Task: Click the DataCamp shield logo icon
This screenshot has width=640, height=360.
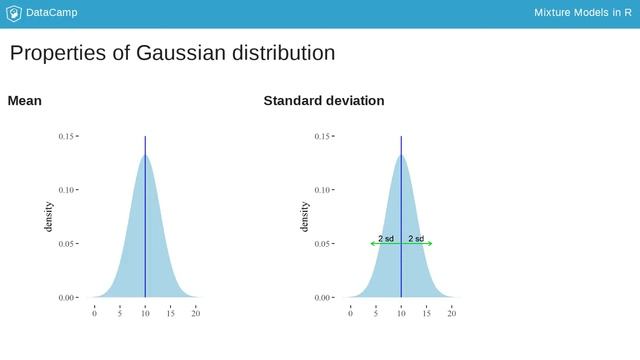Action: (13, 13)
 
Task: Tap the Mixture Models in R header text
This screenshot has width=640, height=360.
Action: (575, 13)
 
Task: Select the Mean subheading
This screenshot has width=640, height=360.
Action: (24, 101)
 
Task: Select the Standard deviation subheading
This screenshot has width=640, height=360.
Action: (323, 101)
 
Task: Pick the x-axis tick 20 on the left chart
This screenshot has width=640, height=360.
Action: (196, 314)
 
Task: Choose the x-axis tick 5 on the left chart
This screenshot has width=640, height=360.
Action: (120, 314)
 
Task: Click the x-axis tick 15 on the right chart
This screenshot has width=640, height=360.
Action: (426, 314)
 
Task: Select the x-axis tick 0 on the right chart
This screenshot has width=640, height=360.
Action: (350, 314)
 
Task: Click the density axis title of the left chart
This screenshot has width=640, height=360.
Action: (48, 216)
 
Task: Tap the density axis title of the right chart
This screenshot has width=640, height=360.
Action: (304, 216)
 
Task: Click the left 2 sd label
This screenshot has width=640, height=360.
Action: (386, 238)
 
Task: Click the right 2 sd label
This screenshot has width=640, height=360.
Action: (416, 238)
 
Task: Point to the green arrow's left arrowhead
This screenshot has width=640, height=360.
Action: (372, 243)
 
